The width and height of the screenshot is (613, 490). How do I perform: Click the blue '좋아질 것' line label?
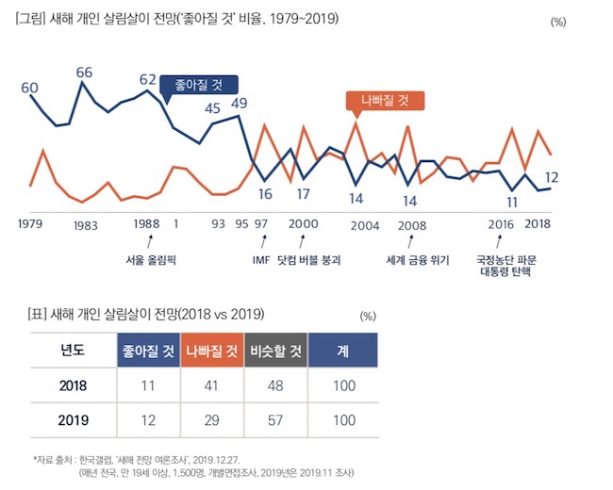[198, 85]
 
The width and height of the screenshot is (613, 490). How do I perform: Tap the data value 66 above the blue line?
[84, 72]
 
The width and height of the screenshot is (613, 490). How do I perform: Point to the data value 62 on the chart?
[147, 78]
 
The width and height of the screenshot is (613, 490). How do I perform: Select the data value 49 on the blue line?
[239, 104]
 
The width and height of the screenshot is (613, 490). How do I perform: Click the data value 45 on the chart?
[213, 107]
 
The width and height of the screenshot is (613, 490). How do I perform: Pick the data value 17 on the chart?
[303, 194]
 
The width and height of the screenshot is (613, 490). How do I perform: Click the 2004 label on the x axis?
[363, 226]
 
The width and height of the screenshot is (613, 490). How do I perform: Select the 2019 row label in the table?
[73, 421]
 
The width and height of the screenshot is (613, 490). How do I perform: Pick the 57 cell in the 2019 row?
[275, 421]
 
